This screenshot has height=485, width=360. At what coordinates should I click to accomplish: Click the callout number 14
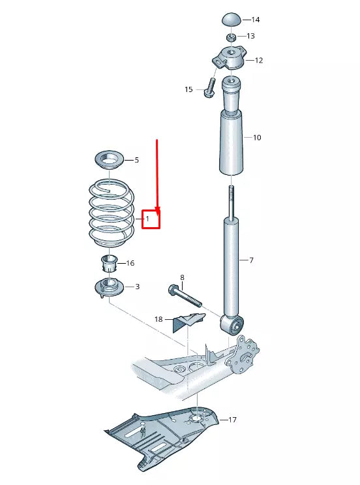[x=255, y=20]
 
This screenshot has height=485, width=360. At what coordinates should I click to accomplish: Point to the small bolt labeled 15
[x=210, y=87]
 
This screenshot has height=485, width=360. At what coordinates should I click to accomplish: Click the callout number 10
[x=256, y=138]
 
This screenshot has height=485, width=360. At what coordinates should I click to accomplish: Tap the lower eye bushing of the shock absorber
[x=233, y=322]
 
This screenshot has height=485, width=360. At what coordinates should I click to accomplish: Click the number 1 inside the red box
[x=148, y=219]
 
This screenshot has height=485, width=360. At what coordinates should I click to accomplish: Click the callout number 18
[x=158, y=319]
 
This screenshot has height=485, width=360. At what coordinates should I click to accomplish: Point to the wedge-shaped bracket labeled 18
[x=188, y=322]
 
